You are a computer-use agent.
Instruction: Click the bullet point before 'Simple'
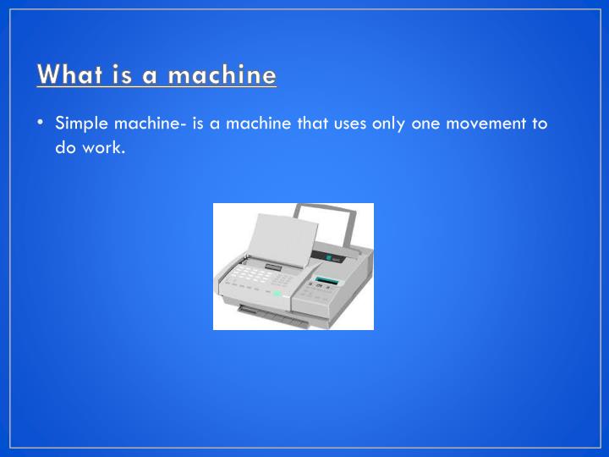pos(41,124)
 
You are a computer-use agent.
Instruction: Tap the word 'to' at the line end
pos(540,124)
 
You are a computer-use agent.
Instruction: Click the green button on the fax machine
pos(277,293)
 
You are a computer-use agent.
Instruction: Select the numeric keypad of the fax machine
pos(250,275)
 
